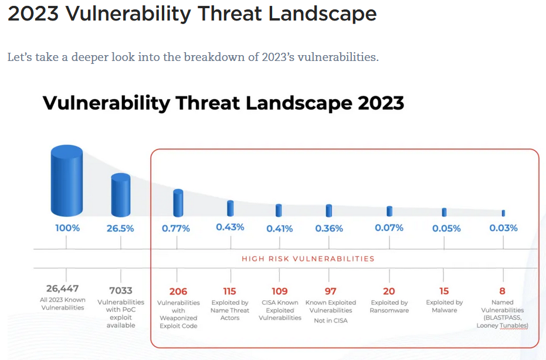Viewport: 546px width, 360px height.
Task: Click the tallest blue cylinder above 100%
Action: point(67,181)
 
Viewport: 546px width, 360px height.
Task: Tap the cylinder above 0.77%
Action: point(178,203)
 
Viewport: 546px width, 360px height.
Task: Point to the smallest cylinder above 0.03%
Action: point(503,213)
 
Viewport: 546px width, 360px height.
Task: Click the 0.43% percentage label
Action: point(230,227)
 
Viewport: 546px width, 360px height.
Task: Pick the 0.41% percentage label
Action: point(279,229)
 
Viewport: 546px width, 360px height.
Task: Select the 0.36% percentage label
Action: point(329,228)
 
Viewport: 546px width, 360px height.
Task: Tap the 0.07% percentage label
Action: point(389,227)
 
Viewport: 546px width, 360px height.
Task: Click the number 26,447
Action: point(63,288)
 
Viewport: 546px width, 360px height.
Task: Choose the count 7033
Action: point(121,290)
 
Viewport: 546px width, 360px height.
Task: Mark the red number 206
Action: point(178,291)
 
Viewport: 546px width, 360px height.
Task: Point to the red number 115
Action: point(230,291)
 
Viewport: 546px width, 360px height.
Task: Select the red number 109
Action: point(280,291)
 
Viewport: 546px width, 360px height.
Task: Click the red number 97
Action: point(331,291)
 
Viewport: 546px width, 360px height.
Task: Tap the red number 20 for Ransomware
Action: point(389,291)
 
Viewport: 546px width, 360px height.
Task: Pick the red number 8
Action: point(502,291)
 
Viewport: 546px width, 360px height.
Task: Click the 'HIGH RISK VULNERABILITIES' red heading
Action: point(308,258)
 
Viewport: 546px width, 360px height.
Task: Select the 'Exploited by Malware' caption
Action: point(445,307)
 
